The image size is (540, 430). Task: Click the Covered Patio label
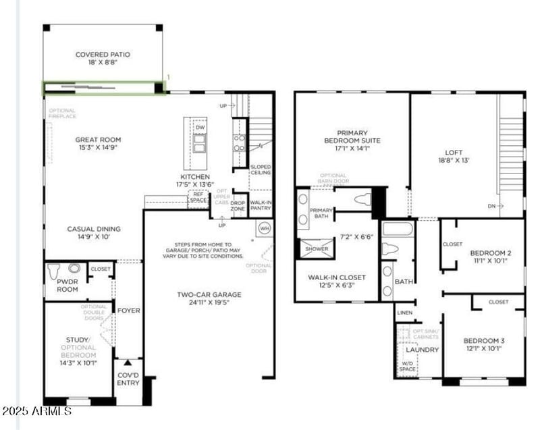pyautogui.click(x=103, y=55)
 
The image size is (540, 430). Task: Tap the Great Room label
pyautogui.click(x=98, y=140)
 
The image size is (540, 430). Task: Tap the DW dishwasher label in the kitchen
pyautogui.click(x=200, y=127)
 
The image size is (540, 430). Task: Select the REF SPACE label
pyautogui.click(x=198, y=197)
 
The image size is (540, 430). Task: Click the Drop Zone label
pyautogui.click(x=238, y=205)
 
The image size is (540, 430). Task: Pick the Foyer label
pyautogui.click(x=128, y=311)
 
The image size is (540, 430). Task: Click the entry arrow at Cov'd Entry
pyautogui.click(x=128, y=363)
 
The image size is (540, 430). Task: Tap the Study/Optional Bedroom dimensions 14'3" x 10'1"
pyautogui.click(x=78, y=362)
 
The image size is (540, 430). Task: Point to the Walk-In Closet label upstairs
pyautogui.click(x=336, y=277)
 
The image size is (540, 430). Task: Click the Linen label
pyautogui.click(x=405, y=313)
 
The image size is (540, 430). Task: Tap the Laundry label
pyautogui.click(x=423, y=350)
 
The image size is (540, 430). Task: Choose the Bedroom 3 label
pyautogui.click(x=484, y=340)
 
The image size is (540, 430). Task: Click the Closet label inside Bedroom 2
pyautogui.click(x=452, y=244)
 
